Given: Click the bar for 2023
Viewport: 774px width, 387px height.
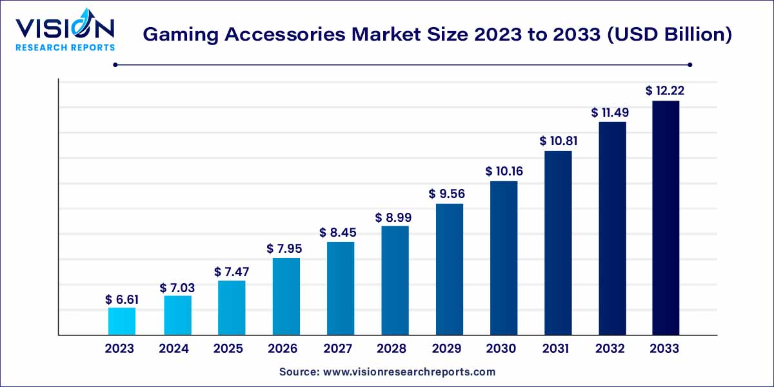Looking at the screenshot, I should coord(122,321).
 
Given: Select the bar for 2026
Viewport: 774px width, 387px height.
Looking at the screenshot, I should coord(286,296).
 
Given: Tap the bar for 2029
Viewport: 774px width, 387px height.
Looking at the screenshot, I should coord(450,269).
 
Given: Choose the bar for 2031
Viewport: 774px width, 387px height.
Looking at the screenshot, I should coord(558,243).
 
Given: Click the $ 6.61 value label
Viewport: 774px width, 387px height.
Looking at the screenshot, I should coord(122,300).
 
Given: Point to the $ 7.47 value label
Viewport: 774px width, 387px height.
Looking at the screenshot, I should coord(232,272).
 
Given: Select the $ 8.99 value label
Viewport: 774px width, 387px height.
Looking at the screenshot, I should coord(395,218).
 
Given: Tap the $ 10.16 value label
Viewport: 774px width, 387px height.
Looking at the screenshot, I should coord(504,172).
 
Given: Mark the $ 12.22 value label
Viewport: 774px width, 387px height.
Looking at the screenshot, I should coord(665,92).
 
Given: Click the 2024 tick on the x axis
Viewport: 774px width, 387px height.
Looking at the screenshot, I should coord(174,349).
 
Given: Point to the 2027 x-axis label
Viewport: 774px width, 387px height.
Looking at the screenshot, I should coord(337,349).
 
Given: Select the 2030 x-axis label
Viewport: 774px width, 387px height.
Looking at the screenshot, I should coord(501,349).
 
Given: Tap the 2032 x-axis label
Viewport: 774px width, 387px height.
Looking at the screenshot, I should coord(610,349).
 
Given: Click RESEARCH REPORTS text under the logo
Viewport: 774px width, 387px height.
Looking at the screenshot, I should coord(64,47).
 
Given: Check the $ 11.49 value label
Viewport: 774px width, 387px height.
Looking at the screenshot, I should coord(610,112).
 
